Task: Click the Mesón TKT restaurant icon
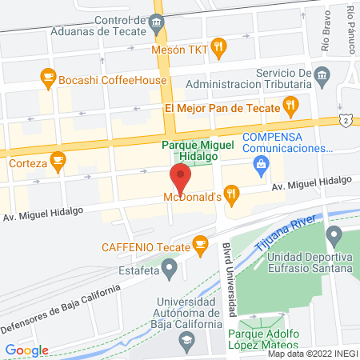click(218, 48)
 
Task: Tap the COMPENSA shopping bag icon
click(259, 165)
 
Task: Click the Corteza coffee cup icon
click(58, 161)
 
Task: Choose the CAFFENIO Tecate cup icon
click(200, 243)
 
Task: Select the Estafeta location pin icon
click(169, 271)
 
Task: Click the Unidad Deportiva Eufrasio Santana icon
click(335, 236)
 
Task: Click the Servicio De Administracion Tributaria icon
click(322, 78)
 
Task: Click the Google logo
click(26, 350)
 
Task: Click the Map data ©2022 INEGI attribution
click(312, 354)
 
